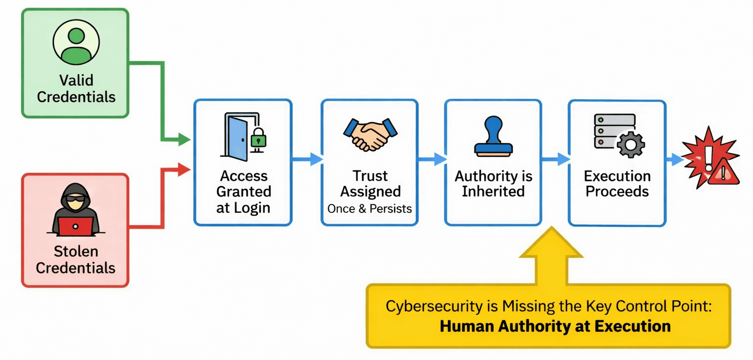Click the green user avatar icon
(x=76, y=42)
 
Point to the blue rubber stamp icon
(x=493, y=137)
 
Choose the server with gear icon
(x=619, y=135)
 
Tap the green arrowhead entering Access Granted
(x=184, y=140)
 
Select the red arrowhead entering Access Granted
(x=184, y=170)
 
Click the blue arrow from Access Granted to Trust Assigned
(x=307, y=159)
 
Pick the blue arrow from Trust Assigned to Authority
(x=432, y=159)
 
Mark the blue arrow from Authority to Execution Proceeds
(x=556, y=159)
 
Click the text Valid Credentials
(x=76, y=88)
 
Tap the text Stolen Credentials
(x=76, y=259)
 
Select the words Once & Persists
(x=370, y=208)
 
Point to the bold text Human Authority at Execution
(x=555, y=326)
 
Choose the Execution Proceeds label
(x=617, y=183)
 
